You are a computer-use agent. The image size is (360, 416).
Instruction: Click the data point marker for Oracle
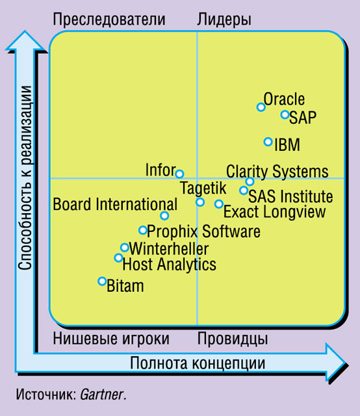tap(261, 107)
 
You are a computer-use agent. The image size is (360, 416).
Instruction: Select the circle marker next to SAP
tap(285, 114)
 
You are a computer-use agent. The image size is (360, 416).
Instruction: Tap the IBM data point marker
tap(268, 142)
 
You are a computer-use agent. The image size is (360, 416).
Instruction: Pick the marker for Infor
tap(179, 174)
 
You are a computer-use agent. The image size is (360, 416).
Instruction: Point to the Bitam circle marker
tap(102, 281)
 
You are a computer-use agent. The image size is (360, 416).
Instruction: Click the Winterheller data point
tap(124, 248)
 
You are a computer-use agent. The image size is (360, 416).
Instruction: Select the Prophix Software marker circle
tap(143, 230)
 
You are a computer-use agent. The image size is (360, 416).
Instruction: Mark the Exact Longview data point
tap(218, 203)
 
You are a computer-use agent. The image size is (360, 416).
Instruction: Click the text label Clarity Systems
tap(277, 172)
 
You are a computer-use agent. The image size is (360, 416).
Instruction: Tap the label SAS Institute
tap(290, 196)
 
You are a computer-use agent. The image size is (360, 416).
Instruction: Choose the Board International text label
tap(115, 204)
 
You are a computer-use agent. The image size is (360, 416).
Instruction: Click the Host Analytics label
tap(169, 265)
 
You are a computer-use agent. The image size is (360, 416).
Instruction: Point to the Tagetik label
tap(203, 188)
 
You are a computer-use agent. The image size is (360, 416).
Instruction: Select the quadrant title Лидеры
tap(224, 20)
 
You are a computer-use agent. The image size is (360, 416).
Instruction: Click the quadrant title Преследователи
tap(109, 19)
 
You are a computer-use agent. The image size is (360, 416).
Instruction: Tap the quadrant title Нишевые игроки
tap(111, 339)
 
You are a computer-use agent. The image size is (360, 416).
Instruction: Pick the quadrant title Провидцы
tap(233, 339)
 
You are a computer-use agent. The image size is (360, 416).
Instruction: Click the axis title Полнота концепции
tap(198, 363)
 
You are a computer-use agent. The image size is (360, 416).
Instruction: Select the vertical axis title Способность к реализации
tap(25, 177)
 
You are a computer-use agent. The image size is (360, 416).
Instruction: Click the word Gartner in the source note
tap(102, 395)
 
